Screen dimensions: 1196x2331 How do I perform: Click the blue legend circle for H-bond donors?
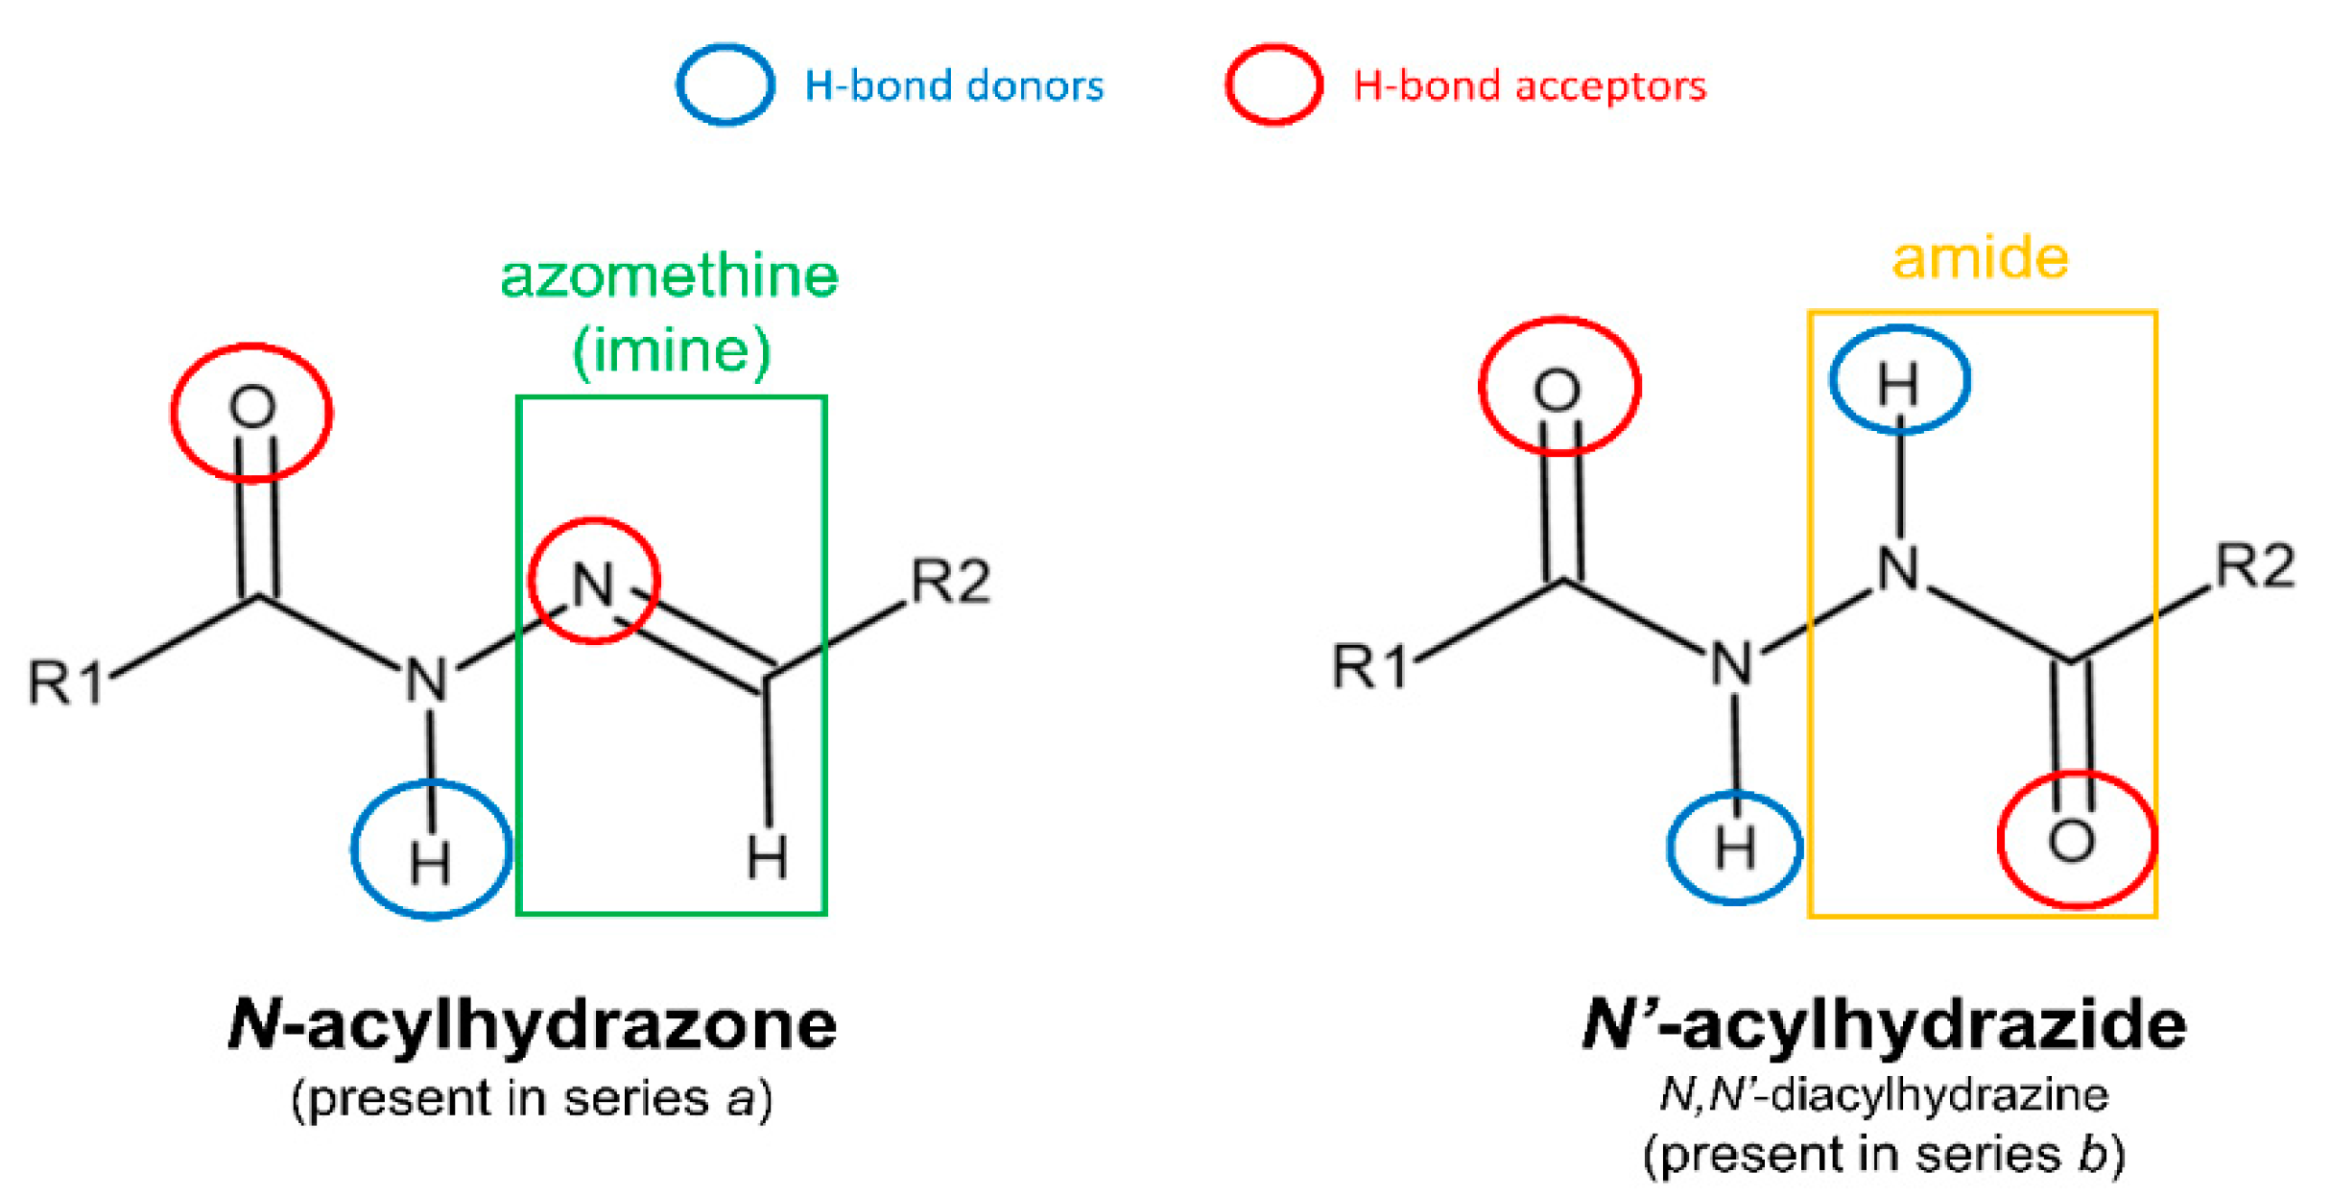click(x=725, y=84)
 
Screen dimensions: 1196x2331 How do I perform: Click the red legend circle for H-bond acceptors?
click(x=1273, y=84)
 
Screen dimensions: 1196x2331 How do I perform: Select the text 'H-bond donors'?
click(x=954, y=85)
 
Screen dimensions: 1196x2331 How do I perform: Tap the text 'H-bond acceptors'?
click(x=1530, y=85)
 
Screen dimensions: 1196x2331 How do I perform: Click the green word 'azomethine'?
click(x=670, y=276)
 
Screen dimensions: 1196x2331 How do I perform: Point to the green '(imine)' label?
click(x=671, y=350)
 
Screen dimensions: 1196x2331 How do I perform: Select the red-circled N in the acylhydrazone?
click(x=593, y=583)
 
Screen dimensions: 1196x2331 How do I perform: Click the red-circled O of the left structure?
click(x=252, y=407)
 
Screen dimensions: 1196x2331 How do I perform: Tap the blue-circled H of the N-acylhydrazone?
click(x=430, y=861)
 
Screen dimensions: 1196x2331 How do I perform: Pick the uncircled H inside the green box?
click(x=767, y=856)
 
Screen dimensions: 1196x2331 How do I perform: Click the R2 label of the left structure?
click(x=950, y=581)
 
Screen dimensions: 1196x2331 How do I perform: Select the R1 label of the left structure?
click(x=65, y=682)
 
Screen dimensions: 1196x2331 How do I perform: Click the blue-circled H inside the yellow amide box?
click(x=1898, y=384)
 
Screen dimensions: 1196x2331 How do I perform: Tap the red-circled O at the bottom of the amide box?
click(x=2072, y=842)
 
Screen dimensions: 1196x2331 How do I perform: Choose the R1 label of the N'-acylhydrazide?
click(x=1370, y=666)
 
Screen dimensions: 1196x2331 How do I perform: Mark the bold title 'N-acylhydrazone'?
click(x=533, y=1024)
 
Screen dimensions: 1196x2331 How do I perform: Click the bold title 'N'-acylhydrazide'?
click(x=1884, y=1024)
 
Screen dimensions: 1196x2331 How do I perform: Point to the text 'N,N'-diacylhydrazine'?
click(x=1884, y=1094)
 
